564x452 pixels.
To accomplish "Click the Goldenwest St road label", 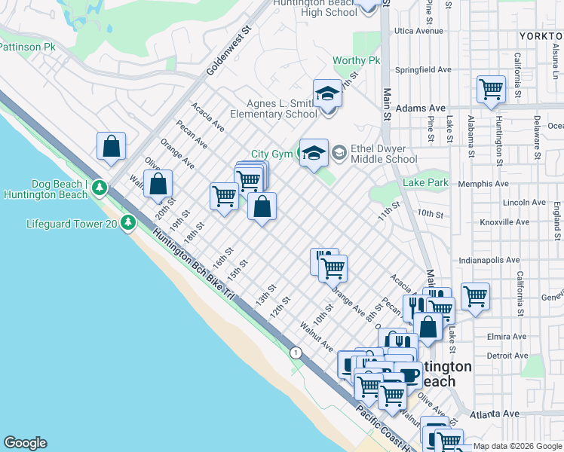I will [x=228, y=53].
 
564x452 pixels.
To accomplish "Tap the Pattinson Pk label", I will [x=29, y=47].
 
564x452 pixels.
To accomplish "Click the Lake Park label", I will [x=425, y=182].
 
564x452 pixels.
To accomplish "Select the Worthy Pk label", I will [x=357, y=60].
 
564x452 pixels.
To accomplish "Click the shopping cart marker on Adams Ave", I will [x=491, y=90].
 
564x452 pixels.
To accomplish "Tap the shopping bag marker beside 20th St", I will [x=158, y=184].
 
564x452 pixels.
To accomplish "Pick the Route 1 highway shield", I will [x=296, y=353].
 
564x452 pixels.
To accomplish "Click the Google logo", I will [x=25, y=443].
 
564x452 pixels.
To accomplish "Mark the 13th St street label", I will [x=262, y=295].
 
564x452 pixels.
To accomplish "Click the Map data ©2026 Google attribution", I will [x=517, y=446].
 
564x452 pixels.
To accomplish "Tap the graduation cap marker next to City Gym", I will [x=314, y=152].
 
